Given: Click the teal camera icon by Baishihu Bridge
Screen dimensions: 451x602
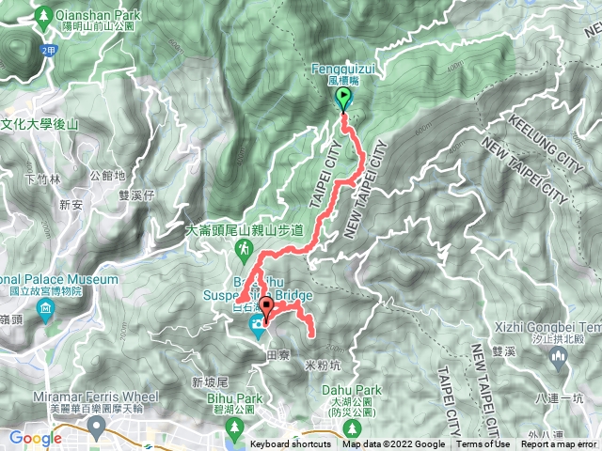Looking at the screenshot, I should click(x=256, y=325).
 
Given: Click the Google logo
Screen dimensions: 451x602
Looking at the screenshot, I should click(x=35, y=438).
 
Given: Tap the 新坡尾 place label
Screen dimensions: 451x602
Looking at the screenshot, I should click(x=210, y=382).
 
